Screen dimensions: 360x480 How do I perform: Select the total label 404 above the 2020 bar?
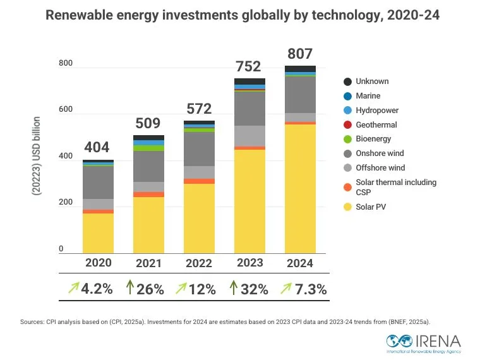click(x=97, y=148)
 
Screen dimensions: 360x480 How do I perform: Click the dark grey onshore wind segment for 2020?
click(x=98, y=183)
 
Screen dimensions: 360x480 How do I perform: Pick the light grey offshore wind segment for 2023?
click(x=249, y=136)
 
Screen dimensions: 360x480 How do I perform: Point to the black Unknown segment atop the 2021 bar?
click(x=148, y=138)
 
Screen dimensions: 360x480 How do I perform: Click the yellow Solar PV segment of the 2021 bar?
click(x=148, y=224)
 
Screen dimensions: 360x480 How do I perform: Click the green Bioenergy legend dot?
click(x=347, y=139)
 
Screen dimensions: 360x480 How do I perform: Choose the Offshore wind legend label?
click(x=380, y=168)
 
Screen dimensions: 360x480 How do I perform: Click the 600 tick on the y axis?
click(x=65, y=110)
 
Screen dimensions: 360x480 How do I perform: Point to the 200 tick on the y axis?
click(x=65, y=203)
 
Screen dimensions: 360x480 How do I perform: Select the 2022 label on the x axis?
click(x=199, y=263)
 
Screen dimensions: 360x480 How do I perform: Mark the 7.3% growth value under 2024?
click(x=310, y=289)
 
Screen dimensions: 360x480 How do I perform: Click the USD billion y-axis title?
click(x=37, y=155)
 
